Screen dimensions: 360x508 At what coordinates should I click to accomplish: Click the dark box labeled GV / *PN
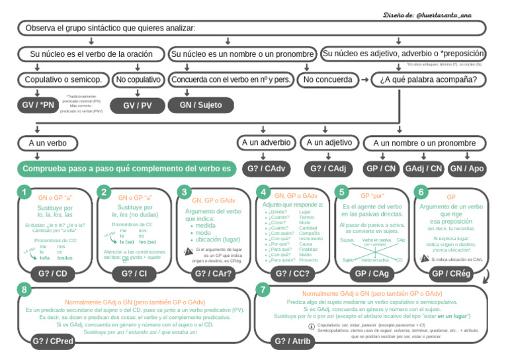[38, 105]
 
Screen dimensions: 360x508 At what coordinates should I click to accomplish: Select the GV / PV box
[138, 105]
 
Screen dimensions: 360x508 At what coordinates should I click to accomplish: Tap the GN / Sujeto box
[201, 105]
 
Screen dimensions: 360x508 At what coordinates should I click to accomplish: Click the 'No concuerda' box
[328, 79]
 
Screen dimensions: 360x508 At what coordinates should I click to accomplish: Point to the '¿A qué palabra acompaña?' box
[432, 79]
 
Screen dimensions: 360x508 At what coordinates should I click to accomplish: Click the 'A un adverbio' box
[266, 142]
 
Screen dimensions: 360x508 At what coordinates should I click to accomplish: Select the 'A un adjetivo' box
[329, 142]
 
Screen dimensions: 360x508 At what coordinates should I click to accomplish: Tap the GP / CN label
[381, 169]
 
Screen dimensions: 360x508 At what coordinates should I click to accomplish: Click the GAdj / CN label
[423, 169]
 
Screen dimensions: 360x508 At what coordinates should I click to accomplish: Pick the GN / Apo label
[467, 169]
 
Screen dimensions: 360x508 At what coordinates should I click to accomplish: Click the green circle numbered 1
[24, 192]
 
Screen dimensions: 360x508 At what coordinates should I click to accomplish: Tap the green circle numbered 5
[341, 192]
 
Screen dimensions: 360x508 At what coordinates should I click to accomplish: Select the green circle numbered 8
[24, 289]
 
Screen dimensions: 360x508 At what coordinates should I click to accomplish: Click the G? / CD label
[52, 273]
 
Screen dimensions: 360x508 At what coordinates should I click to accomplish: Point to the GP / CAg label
[372, 273]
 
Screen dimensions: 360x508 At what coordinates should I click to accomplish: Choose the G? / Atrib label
[292, 341]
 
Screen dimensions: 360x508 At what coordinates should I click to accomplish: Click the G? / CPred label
[53, 341]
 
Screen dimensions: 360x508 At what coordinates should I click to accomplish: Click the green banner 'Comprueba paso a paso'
[126, 169]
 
